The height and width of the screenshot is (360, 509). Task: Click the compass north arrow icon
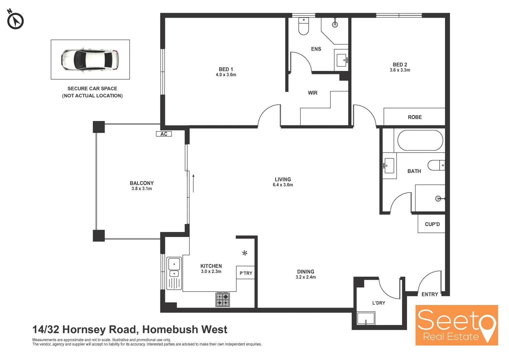[15, 20]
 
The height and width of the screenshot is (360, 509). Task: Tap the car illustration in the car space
[90, 60]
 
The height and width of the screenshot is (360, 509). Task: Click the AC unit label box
[164, 134]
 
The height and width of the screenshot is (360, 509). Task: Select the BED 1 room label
[226, 69]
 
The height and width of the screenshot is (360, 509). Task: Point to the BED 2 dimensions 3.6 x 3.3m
[400, 70]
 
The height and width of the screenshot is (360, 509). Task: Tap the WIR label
[312, 93]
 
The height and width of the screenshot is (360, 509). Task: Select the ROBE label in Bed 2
[415, 117]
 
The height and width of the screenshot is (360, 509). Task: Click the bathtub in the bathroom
[420, 141]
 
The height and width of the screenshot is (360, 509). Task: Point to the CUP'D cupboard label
[432, 224]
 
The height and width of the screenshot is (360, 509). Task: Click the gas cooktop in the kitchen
[223, 299]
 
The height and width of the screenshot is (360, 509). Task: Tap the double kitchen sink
[174, 273]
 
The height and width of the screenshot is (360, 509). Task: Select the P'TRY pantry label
[246, 273]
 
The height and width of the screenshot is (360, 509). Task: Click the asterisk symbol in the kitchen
[245, 253]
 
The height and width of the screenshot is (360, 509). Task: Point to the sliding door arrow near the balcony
[193, 183]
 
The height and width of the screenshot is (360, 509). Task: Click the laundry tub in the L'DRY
[366, 318]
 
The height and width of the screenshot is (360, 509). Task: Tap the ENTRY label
[430, 294]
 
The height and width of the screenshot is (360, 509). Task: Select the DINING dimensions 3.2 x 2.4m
[306, 277]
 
